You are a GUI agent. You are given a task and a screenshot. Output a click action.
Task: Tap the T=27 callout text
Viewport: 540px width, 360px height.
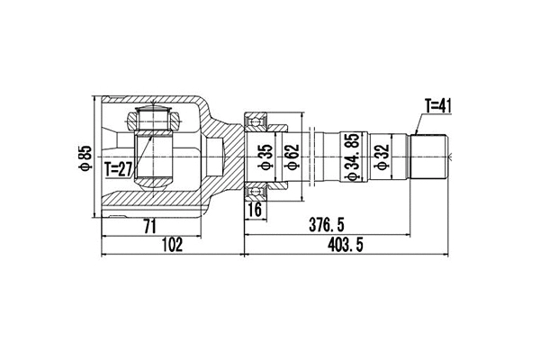[x=118, y=167]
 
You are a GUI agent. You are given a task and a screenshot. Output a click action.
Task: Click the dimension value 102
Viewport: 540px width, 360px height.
[x=172, y=245]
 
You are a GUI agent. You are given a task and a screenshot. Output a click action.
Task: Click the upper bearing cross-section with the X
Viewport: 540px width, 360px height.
[x=256, y=118]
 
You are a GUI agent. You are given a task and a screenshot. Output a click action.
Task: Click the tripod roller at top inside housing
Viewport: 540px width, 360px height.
[x=150, y=117]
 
